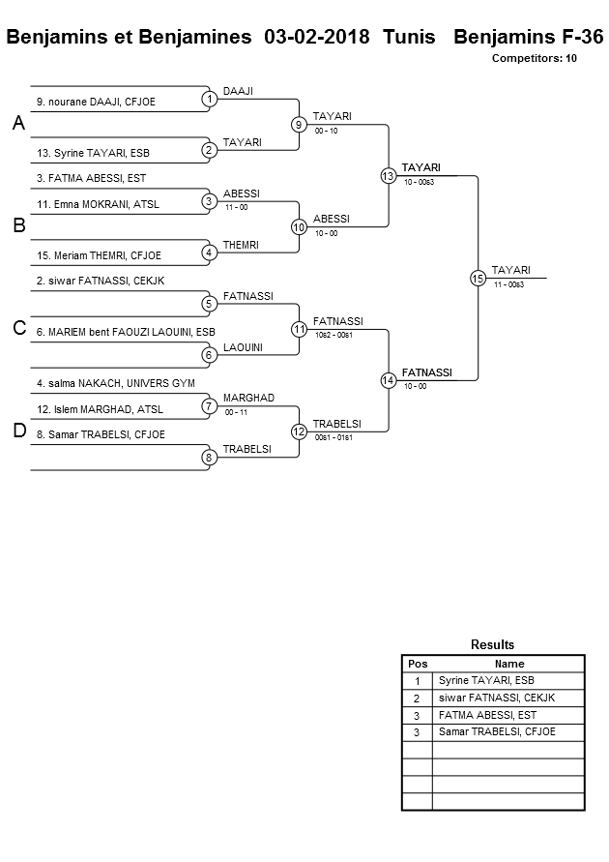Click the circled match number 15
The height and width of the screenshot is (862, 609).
point(478,278)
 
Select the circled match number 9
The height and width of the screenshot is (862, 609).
point(299,124)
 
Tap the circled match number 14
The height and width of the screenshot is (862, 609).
point(388,380)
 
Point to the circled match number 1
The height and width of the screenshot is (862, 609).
point(209,99)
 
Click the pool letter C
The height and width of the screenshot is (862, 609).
point(18,329)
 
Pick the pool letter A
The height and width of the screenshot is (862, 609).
point(18,124)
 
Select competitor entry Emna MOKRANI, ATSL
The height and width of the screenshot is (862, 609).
point(98,203)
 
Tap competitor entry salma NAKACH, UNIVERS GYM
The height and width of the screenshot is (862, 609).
point(116,383)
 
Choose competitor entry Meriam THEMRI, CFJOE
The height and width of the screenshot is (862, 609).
point(99,255)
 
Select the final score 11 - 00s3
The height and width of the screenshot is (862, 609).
point(508,283)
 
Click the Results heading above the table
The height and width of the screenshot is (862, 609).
point(492,644)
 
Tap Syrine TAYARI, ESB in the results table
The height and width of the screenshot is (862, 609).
point(479,680)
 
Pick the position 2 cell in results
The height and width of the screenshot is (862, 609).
point(417,698)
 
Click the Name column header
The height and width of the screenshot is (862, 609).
point(508,664)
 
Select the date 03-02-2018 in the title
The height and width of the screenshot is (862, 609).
point(316,38)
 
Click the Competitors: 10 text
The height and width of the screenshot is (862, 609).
point(534,59)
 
